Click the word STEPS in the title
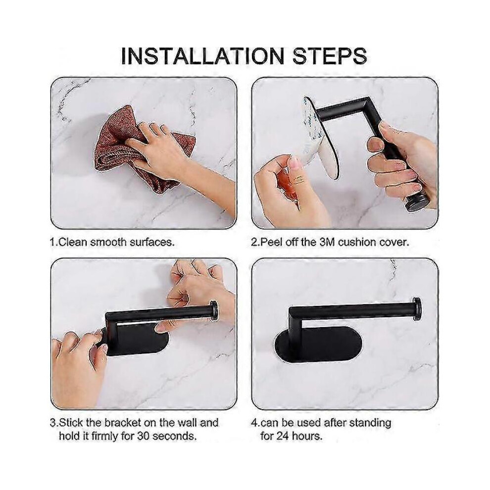[x=329, y=56]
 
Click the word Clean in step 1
[x=73, y=242]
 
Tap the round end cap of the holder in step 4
[x=416, y=308]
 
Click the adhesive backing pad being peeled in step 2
[x=319, y=138]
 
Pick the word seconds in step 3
[x=174, y=436]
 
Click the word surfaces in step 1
[x=152, y=242]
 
